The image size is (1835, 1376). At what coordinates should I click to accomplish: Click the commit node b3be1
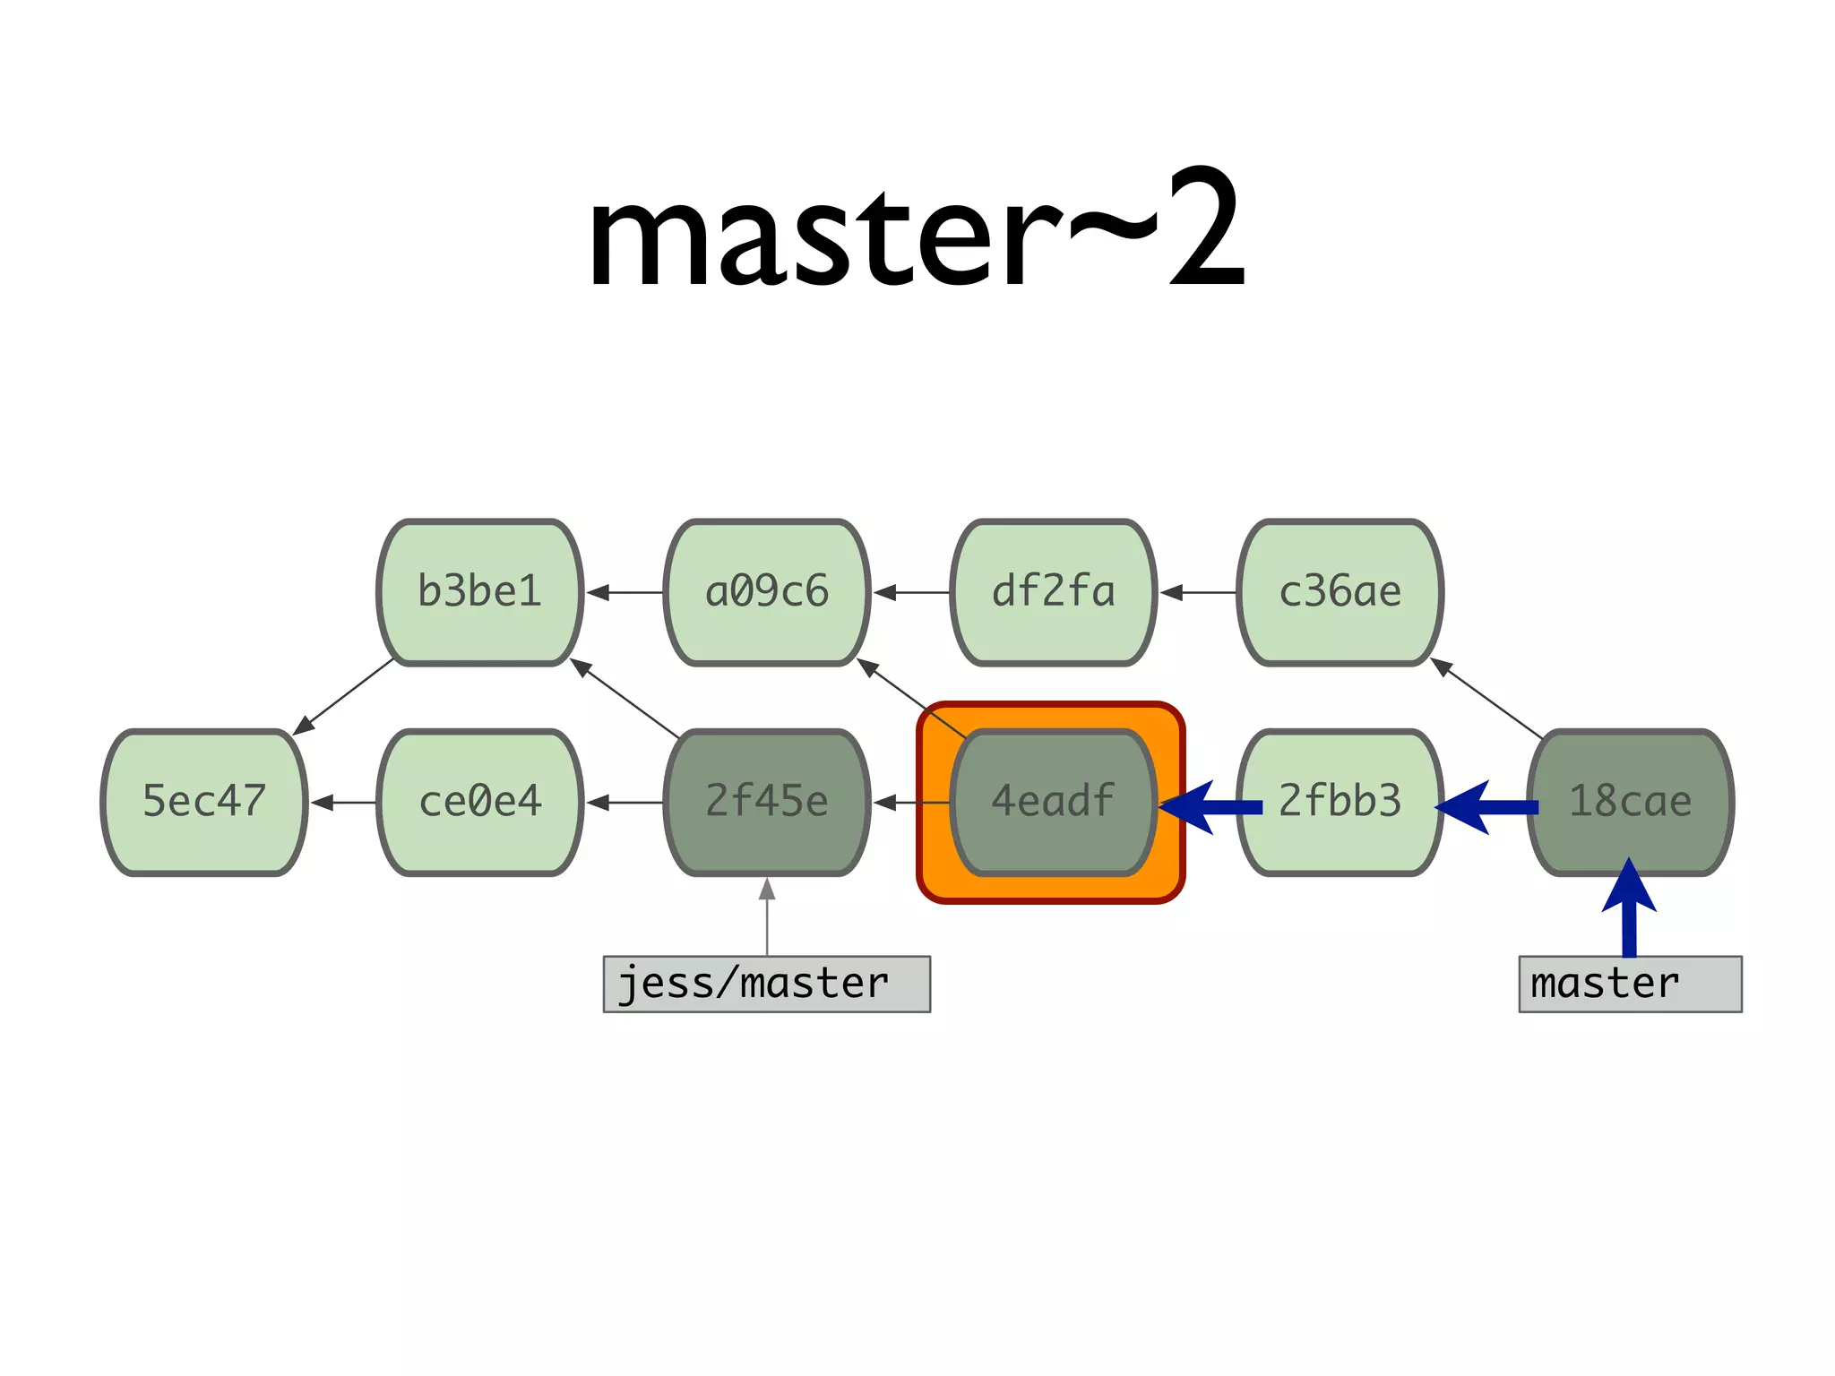(x=480, y=592)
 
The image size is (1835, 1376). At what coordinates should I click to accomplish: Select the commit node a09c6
(x=767, y=592)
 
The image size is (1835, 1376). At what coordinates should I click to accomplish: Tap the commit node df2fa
(x=1053, y=592)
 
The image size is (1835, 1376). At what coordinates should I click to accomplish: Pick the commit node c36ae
(x=1340, y=592)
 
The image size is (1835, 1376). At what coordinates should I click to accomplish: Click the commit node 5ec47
(x=204, y=802)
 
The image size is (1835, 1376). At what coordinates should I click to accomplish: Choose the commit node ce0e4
(x=480, y=802)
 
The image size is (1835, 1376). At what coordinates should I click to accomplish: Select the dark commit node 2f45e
(x=767, y=802)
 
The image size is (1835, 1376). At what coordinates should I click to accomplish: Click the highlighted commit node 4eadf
(x=1053, y=802)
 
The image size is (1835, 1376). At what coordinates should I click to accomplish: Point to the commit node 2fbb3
(x=1340, y=802)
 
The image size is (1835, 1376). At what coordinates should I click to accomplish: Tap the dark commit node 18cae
(x=1630, y=802)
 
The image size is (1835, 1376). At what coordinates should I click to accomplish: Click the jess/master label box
(x=767, y=984)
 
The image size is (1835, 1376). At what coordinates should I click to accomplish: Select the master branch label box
(x=1630, y=984)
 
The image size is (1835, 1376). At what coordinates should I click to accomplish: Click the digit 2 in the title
(x=1206, y=228)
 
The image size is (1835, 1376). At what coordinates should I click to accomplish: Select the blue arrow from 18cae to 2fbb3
(x=1487, y=807)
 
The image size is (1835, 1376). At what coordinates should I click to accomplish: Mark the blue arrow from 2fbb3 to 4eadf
(x=1210, y=807)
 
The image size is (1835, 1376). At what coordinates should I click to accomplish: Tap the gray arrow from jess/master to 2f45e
(x=767, y=918)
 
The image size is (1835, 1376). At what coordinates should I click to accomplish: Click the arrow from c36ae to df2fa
(x=1198, y=592)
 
